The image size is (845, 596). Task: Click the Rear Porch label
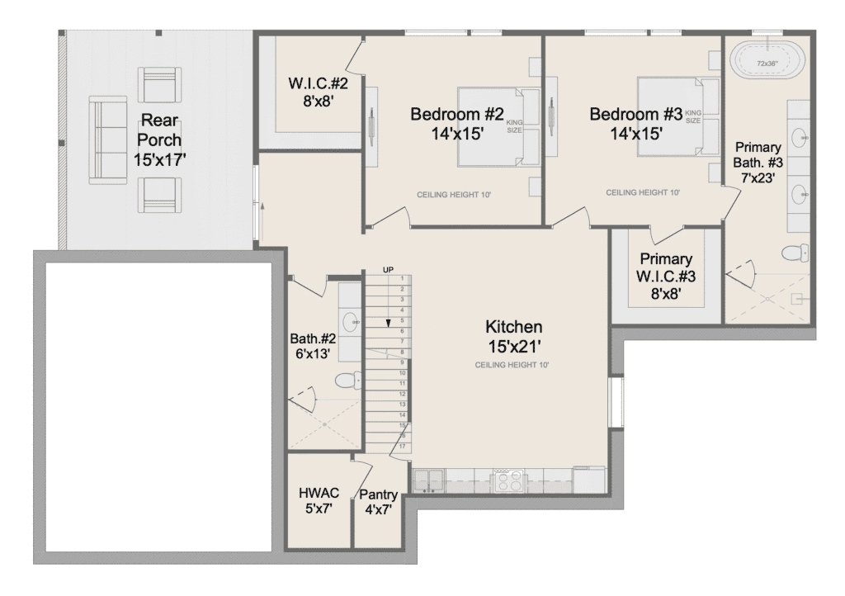pyautogui.click(x=160, y=140)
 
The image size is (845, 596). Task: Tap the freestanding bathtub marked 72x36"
pyautogui.click(x=767, y=63)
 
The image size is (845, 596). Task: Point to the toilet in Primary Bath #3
pyautogui.click(x=795, y=253)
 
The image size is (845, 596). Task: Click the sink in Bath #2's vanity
pyautogui.click(x=352, y=321)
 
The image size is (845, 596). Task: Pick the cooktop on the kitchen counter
pyautogui.click(x=508, y=480)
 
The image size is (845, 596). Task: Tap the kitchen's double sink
pyautogui.click(x=428, y=480)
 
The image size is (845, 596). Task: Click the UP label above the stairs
pyautogui.click(x=388, y=269)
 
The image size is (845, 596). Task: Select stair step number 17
pyautogui.click(x=402, y=447)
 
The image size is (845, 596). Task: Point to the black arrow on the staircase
pyautogui.click(x=388, y=322)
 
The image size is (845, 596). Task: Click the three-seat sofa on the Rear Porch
pyautogui.click(x=108, y=140)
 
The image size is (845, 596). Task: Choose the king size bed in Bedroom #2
pyautogui.click(x=498, y=126)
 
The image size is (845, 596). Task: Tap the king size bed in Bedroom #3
pyautogui.click(x=679, y=117)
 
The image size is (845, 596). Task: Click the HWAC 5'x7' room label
pyautogui.click(x=319, y=500)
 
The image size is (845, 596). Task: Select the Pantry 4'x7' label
pyautogui.click(x=378, y=502)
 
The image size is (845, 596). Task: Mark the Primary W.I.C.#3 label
pyautogui.click(x=666, y=276)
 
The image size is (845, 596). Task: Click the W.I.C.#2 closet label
pyautogui.click(x=318, y=92)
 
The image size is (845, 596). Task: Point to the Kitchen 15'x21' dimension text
pyautogui.click(x=514, y=347)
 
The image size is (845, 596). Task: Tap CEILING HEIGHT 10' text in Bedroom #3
pyautogui.click(x=643, y=192)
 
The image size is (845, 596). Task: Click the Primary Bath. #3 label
pyautogui.click(x=758, y=162)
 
